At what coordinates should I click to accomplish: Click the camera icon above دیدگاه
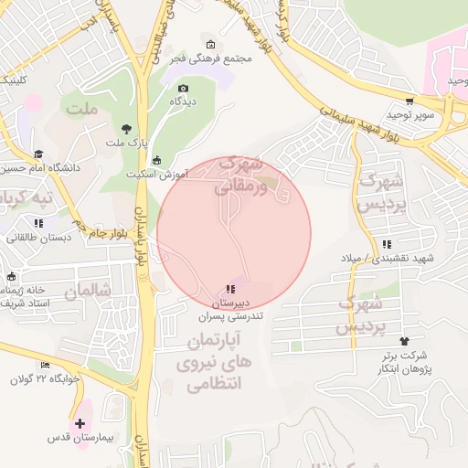[x=183, y=88]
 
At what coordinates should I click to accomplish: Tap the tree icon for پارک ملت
[x=126, y=129]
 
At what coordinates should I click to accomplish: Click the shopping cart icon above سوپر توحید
[x=409, y=101]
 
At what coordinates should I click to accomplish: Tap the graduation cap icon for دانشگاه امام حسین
[x=38, y=154]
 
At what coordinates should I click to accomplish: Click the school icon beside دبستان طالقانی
[x=38, y=223]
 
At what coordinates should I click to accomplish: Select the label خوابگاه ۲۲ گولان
[x=46, y=379]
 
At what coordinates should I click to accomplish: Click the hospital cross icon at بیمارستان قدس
[x=80, y=423]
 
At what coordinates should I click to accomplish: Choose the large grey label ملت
[x=80, y=110]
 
